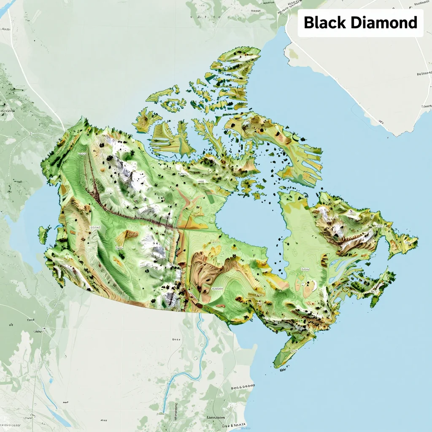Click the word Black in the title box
coord(324,22)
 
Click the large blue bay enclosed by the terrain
coord(249,219)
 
